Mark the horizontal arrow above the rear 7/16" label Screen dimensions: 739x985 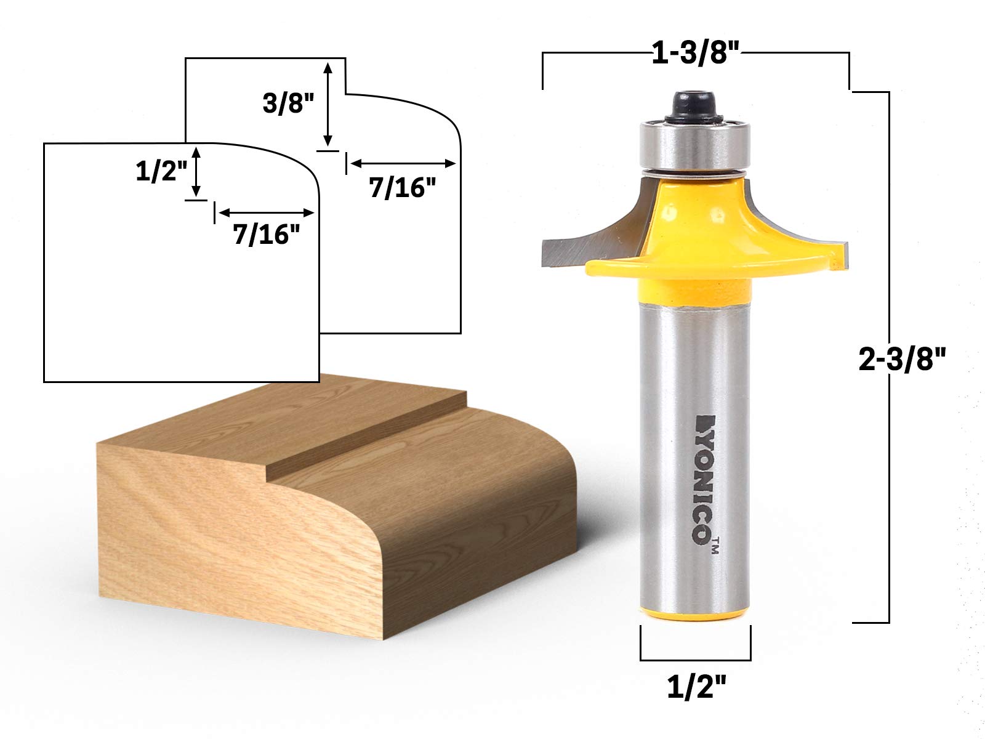[x=403, y=164]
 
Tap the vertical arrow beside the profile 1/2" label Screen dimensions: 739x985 [x=197, y=172]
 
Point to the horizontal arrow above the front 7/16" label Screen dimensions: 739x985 [x=266, y=212]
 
